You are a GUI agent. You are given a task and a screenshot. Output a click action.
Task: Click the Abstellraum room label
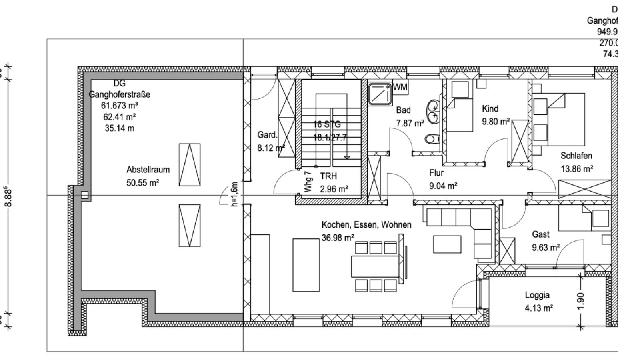coord(148,170)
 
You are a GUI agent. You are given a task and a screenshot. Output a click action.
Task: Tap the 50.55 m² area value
coord(143,183)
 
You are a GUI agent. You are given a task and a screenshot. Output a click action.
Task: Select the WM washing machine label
coord(400,87)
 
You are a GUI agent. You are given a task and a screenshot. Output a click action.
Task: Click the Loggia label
coord(537,295)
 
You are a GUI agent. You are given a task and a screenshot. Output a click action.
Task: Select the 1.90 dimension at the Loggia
coord(581,300)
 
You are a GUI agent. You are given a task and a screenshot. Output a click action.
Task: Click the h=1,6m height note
coord(235,194)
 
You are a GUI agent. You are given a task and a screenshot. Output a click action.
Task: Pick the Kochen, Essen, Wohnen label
coord(366,225)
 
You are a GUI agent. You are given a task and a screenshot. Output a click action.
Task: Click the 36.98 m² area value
coord(338,238)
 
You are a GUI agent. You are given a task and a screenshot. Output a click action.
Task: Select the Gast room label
coord(540,234)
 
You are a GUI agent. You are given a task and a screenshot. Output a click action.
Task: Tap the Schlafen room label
coord(576,156)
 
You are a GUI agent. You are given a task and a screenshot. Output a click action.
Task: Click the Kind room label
coord(490,109)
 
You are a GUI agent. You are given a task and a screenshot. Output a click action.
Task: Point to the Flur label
coord(436,173)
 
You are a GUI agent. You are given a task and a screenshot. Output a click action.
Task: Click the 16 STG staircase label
coord(327,124)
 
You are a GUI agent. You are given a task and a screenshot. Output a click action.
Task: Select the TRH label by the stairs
coord(328,176)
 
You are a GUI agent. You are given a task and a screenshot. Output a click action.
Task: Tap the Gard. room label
coord(267,135)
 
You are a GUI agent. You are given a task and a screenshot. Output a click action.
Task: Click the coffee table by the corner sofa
coord(447,244)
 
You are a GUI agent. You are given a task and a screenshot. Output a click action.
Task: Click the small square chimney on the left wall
coord(84,195)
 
